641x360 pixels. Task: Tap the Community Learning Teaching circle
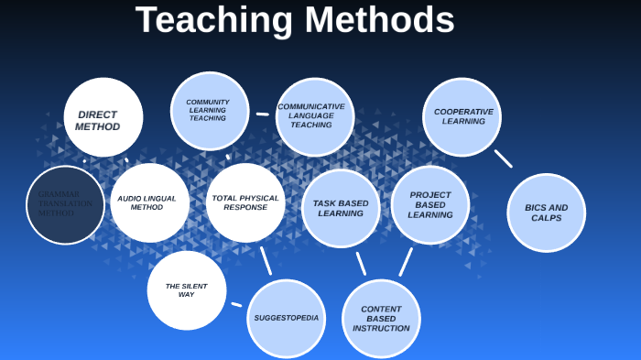210,111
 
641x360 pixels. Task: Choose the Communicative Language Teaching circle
314,116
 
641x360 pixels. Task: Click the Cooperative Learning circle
462,116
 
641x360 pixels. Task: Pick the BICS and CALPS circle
547,213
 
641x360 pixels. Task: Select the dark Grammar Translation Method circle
65,204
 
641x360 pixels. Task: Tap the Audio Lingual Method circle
149,202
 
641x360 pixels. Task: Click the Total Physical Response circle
245,202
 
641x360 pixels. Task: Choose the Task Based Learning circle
341,208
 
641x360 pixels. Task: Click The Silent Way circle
187,290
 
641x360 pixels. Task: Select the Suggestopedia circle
287,318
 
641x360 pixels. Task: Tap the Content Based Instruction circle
381,319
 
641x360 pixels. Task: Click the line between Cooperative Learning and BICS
503,158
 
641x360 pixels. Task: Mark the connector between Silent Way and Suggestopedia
236,304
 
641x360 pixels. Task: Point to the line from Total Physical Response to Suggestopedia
266,261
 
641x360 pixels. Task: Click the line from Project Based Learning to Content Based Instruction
406,262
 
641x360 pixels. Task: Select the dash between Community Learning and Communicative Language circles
263,115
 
